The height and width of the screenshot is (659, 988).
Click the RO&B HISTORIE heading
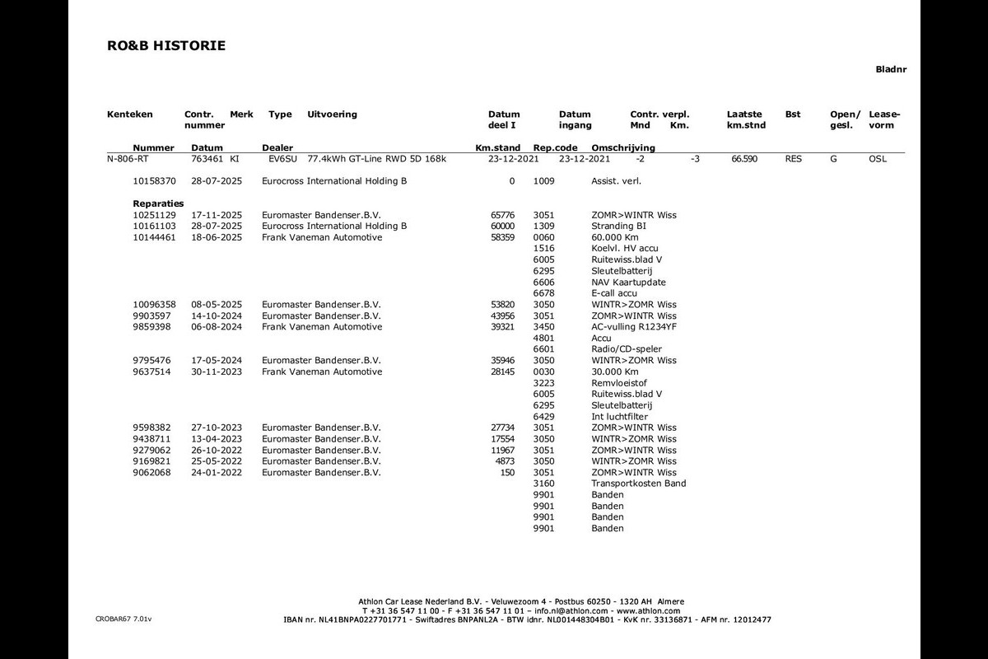166,46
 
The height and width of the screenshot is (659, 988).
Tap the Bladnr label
891,70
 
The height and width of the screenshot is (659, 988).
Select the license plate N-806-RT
128,159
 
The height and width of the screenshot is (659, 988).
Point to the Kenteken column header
130,115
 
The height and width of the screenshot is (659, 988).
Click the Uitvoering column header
332,115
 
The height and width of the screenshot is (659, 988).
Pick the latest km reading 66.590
743,159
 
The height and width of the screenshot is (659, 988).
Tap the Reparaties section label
158,203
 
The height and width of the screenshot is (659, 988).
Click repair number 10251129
155,215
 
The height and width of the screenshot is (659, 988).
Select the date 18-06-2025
217,237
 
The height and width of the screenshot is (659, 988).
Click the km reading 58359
502,237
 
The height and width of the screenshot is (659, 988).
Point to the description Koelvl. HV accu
624,248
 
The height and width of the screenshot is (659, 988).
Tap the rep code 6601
543,349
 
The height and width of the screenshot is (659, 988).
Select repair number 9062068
151,473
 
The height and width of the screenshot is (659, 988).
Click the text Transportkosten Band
638,484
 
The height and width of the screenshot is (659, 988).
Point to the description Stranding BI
618,226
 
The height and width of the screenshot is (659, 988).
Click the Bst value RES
793,159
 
